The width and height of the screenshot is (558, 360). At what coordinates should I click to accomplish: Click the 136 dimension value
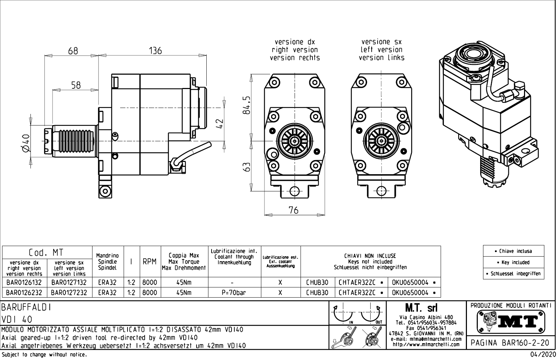[155, 51]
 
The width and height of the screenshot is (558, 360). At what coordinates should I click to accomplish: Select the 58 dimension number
[76, 85]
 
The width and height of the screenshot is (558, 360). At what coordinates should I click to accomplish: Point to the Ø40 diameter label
[25, 143]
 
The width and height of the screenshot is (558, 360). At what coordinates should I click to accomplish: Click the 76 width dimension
[293, 210]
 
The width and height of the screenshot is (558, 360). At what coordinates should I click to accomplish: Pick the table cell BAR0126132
[24, 283]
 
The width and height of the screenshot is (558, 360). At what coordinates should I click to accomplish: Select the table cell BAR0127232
[69, 292]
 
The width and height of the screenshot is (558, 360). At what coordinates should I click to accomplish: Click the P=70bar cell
[234, 292]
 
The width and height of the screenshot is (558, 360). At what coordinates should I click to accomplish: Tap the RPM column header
[150, 262]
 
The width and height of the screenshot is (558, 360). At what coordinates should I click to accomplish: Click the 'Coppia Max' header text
[184, 256]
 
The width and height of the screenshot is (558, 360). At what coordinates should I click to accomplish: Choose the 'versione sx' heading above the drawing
[381, 42]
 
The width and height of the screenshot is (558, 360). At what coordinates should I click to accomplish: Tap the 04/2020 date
[543, 355]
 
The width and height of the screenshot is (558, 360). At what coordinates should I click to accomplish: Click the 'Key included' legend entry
[514, 263]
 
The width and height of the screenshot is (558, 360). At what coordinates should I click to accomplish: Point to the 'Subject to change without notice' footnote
[44, 355]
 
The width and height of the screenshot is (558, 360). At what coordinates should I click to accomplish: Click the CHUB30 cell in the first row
[317, 283]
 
